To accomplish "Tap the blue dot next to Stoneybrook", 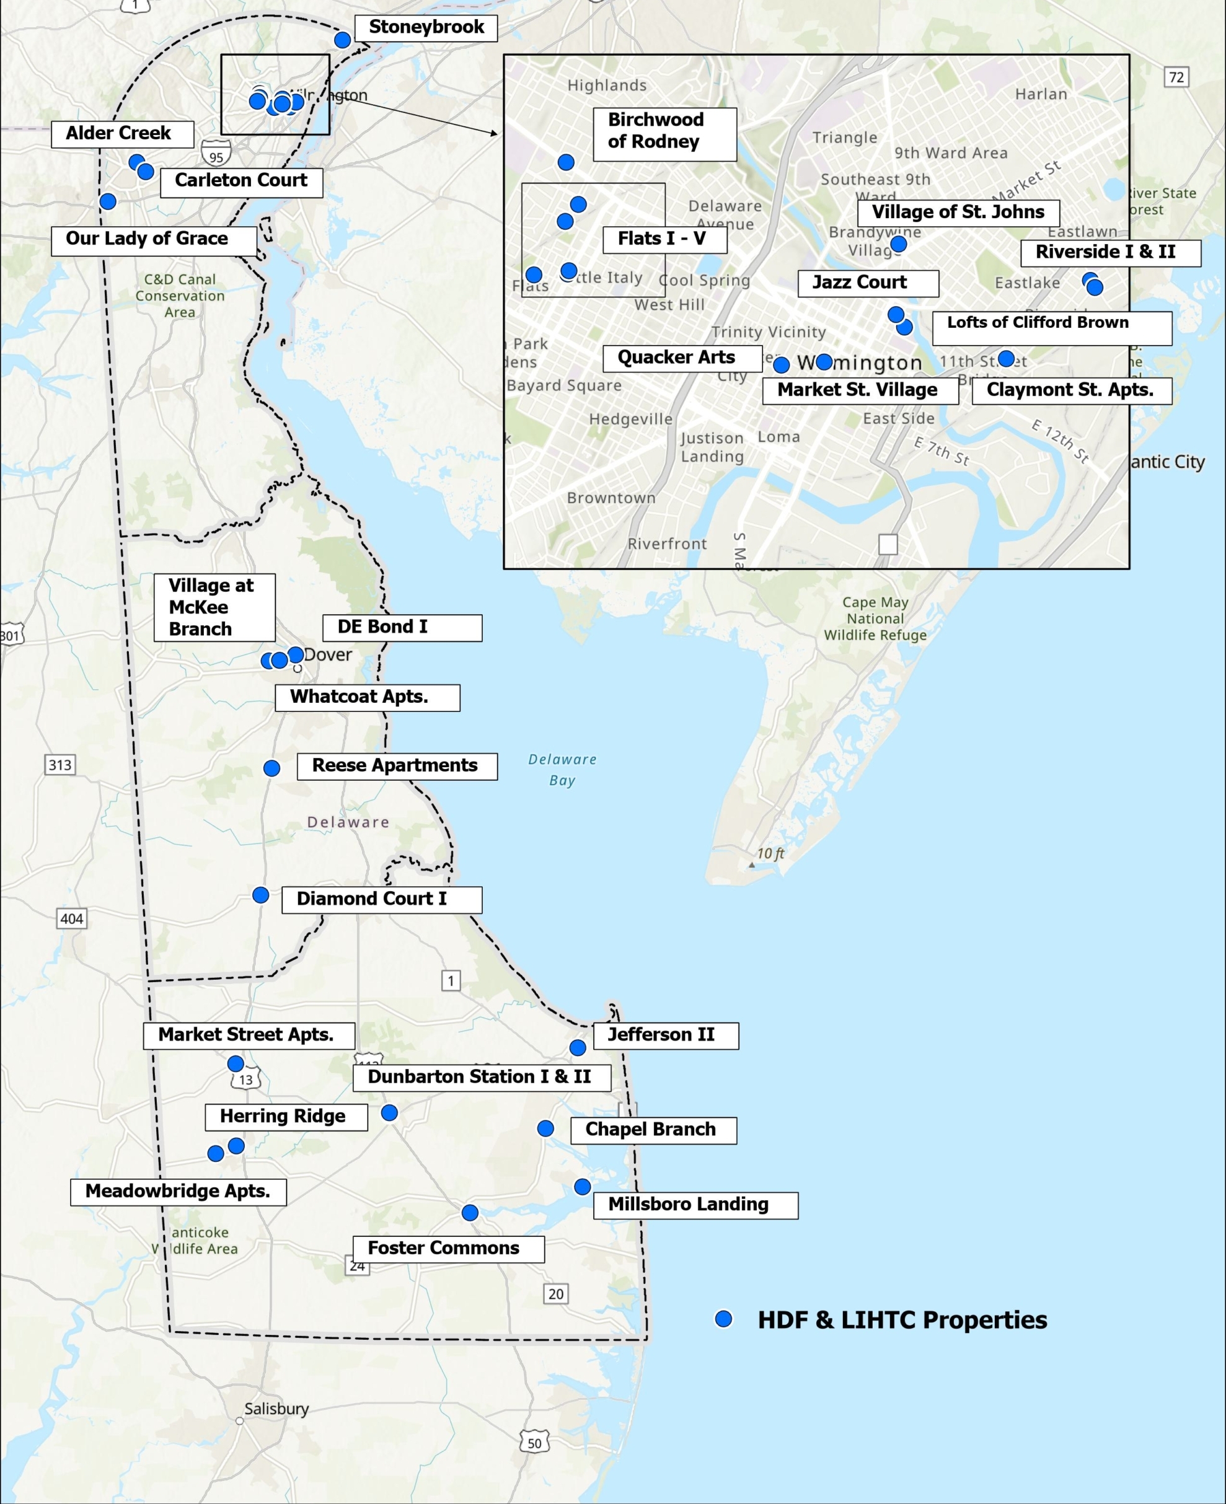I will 342,40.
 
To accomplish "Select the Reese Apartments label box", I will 396,766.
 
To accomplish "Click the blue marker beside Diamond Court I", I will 260,895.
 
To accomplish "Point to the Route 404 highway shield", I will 71,918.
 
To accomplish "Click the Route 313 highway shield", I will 60,765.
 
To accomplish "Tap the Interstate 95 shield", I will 216,155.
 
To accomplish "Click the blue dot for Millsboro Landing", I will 582,1187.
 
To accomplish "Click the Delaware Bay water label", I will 562,770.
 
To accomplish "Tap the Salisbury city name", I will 276,1409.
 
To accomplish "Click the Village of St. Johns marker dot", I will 898,244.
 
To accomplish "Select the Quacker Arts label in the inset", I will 682,359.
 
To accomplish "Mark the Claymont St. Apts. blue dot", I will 1007,359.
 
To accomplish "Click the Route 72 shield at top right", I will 1176,77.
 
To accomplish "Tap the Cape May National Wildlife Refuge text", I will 875,618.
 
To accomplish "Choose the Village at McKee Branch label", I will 214,607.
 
